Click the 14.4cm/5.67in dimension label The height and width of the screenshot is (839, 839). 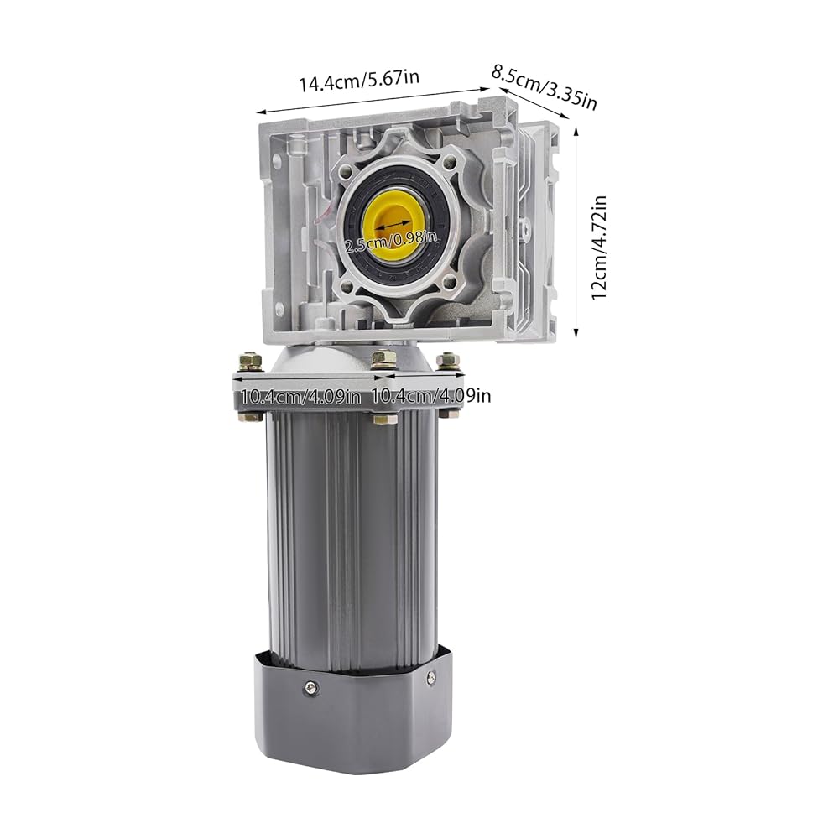tap(359, 81)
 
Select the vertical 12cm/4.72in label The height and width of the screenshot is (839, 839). tap(599, 248)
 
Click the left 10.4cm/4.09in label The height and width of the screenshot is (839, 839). tap(300, 398)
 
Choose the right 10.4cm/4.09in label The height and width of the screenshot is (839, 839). tap(430, 395)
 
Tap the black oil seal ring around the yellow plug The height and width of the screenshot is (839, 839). tap(395, 226)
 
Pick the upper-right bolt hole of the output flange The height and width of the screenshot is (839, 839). tap(450, 159)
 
